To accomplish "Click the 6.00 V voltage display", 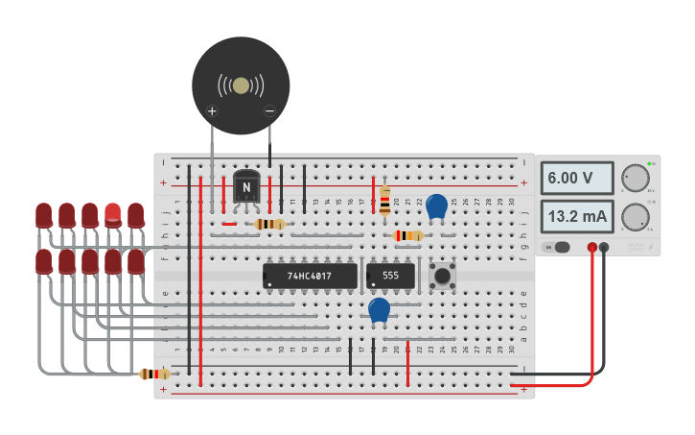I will [576, 178].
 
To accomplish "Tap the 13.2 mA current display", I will [576, 217].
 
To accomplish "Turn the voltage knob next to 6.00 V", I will [634, 178].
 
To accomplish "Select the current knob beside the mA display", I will [634, 217].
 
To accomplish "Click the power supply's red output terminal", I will [592, 248].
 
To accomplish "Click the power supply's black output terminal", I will [605, 248].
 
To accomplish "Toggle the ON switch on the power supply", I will [558, 247].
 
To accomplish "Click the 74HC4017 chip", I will [310, 277].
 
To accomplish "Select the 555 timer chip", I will [390, 277].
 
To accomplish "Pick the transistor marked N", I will [247, 187].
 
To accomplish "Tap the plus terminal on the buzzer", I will [212, 111].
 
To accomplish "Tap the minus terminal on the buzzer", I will [269, 111].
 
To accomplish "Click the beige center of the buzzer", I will [241, 85].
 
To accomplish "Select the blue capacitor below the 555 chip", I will [380, 309].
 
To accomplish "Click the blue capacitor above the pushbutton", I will [436, 206].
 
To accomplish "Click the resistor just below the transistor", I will [269, 224].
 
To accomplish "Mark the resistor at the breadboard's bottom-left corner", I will [155, 374].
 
